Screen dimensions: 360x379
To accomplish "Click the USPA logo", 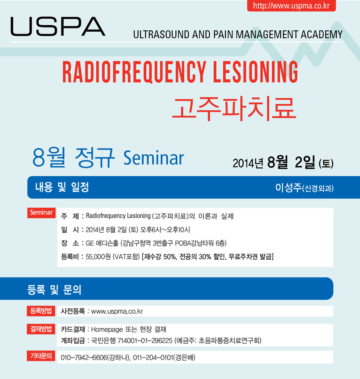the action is tap(58, 26).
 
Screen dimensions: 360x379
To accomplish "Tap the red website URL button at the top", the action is tap(291, 6).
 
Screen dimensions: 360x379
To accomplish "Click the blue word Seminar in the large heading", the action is tap(154, 158).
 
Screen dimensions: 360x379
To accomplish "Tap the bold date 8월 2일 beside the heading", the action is tap(291, 163).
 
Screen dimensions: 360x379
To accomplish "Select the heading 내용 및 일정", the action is tap(62, 187).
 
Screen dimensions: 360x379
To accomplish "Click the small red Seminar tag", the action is tap(41, 213).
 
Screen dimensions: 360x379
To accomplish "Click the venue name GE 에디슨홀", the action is tap(102, 243).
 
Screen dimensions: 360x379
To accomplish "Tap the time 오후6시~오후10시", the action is tap(165, 230).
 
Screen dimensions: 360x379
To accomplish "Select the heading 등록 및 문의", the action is tap(54, 289).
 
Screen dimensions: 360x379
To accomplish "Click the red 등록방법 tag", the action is tap(41, 311).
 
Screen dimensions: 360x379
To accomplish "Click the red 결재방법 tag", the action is tap(41, 329).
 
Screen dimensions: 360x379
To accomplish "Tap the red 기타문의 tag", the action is tap(41, 356).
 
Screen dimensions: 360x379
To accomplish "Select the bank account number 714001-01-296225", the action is tap(145, 341).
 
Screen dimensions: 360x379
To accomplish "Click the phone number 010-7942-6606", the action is tap(84, 358).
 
